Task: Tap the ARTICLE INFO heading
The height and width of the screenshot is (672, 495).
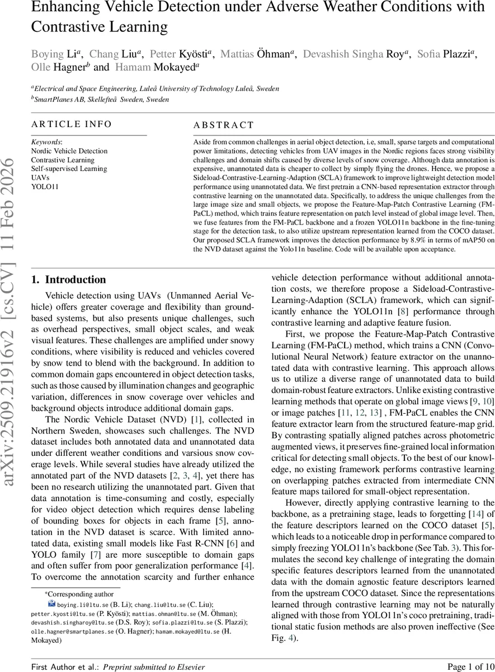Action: [x=71, y=124]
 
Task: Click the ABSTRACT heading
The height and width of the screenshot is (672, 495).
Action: [x=223, y=125]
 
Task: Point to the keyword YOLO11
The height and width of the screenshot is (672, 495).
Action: [x=44, y=186]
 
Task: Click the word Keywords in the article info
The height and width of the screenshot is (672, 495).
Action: [x=46, y=142]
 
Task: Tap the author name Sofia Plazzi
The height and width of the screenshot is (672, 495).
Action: [x=446, y=54]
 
